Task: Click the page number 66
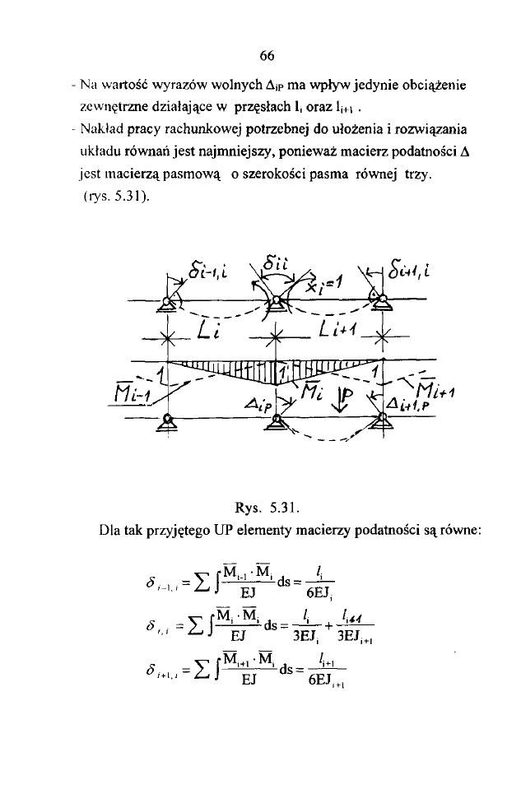pos(265,56)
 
